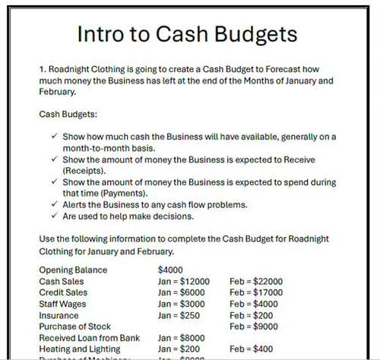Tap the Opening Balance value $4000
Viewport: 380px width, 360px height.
tap(171, 270)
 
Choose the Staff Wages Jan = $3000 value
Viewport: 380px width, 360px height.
tap(181, 304)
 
